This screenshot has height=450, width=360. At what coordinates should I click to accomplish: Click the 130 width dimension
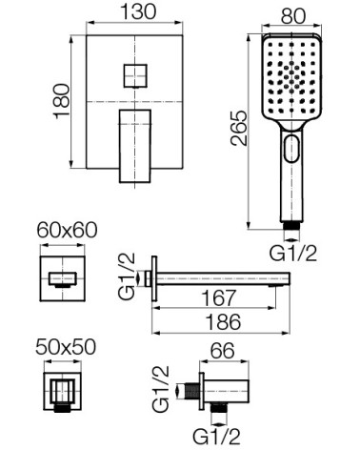coord(138,11)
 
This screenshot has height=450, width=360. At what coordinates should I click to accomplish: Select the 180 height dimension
coord(62,101)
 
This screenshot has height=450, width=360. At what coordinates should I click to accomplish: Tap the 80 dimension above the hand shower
coord(293,16)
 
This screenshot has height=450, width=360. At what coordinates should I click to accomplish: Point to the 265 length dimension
coord(239,128)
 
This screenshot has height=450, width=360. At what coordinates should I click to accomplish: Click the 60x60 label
coord(67,230)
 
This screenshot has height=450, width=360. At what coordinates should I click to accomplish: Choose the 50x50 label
coord(66,347)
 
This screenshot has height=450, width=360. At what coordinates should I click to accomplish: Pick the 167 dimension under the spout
coord(219,297)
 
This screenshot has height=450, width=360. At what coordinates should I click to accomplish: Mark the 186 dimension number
coord(223,321)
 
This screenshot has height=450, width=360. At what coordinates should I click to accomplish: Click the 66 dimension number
coord(223,351)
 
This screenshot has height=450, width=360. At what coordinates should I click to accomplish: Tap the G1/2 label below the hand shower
coord(293,254)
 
